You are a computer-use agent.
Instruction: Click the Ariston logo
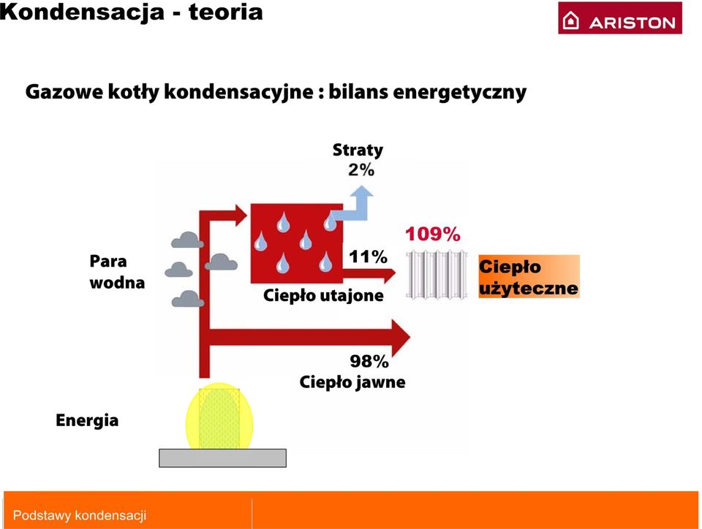[620, 18]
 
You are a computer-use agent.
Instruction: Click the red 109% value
[432, 234]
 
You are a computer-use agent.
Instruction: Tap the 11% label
[368, 256]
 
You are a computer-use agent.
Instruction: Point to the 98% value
[369, 361]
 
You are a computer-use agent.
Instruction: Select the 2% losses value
[361, 170]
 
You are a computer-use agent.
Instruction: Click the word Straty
[358, 151]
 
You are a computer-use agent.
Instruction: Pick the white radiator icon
[437, 275]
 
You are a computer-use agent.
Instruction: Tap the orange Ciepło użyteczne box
[529, 276]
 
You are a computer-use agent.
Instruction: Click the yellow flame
[219, 416]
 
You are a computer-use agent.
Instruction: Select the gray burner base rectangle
[222, 458]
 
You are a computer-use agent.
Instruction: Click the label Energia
[87, 421]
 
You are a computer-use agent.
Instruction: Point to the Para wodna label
[117, 272]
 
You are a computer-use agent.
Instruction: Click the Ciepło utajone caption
[323, 296]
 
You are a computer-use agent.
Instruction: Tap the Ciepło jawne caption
[352, 382]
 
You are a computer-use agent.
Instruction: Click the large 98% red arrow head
[401, 337]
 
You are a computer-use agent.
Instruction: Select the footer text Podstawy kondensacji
[80, 516]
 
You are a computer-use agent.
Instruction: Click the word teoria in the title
[226, 12]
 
